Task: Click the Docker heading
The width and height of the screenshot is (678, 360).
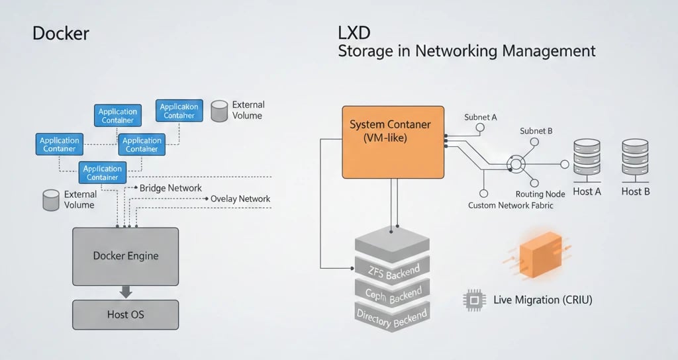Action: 61,34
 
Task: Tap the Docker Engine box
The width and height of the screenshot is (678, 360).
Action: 125,255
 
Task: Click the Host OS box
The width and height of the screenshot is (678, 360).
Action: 125,314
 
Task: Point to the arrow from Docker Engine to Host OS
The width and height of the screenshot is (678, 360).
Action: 125,292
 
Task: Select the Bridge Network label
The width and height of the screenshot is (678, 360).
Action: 170,188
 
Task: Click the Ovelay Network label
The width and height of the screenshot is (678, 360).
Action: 240,199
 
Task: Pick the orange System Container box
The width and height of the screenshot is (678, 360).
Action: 393,142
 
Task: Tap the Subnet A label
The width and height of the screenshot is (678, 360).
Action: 480,117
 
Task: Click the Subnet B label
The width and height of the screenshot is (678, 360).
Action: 536,130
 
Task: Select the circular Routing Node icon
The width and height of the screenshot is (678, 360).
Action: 516,164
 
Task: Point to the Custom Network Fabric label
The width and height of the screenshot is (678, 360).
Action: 510,206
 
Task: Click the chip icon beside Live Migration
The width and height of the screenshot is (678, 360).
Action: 473,300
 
